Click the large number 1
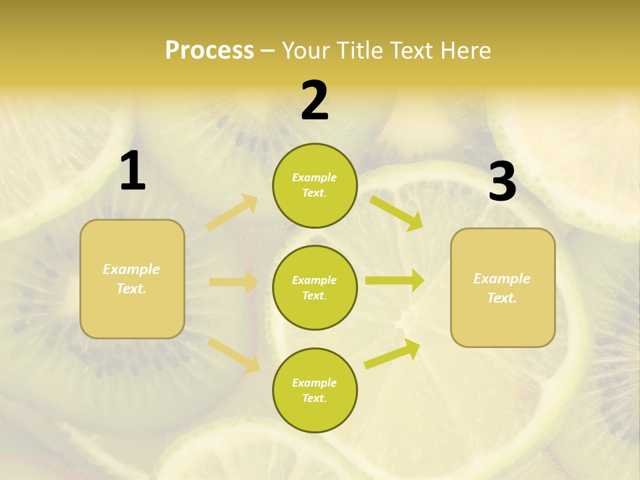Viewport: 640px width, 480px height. click(133, 171)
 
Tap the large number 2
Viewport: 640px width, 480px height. click(315, 101)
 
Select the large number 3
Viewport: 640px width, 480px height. click(502, 183)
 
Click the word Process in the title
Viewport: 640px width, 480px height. click(209, 50)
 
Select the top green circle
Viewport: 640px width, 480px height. click(315, 185)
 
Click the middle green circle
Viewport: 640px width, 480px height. click(315, 287)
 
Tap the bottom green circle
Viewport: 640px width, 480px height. click(315, 390)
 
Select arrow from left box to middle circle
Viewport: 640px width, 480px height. click(233, 282)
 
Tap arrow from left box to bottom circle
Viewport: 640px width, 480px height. click(234, 354)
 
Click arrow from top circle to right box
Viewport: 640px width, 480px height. click(396, 213)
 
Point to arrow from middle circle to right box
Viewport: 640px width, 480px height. click(394, 280)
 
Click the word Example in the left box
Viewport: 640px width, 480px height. click(131, 269)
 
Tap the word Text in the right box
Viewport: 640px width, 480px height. click(501, 298)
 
